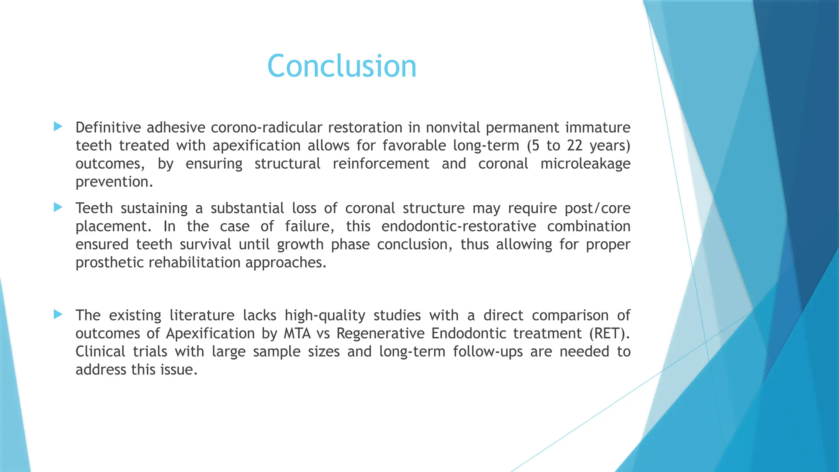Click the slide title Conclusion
(342, 66)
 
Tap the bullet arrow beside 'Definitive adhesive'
(58, 127)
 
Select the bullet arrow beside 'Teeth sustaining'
(58, 207)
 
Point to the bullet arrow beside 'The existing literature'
(58, 315)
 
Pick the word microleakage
(585, 163)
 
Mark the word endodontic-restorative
(458, 226)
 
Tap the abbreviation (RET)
(609, 334)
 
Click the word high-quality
(325, 315)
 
